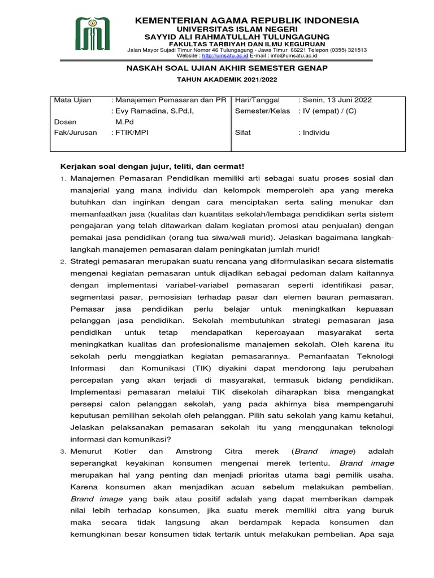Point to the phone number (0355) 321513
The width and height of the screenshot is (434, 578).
coord(349,50)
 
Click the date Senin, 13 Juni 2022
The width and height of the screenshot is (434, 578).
coord(336,100)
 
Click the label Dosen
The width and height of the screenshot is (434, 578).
coord(65,121)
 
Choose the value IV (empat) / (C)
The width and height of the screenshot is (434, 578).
coord(329,111)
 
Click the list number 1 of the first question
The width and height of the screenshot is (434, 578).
coord(63,179)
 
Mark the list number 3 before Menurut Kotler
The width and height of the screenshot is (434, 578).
coord(63,452)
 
